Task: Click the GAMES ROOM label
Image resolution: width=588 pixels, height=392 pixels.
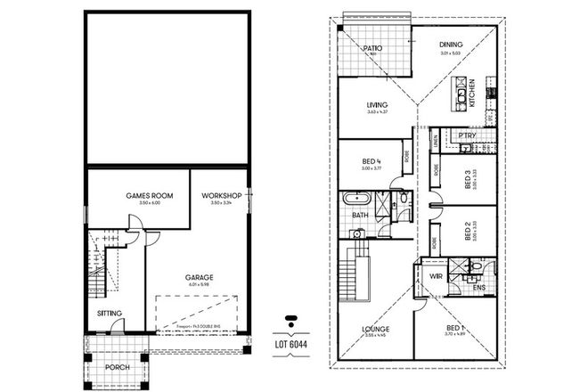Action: coord(149,195)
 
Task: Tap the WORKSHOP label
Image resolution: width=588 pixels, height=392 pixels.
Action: coord(222,195)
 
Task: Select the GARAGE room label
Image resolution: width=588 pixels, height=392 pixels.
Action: coord(199,278)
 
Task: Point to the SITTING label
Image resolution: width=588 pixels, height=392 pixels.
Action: coord(110,314)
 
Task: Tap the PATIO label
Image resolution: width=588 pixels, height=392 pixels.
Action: coord(372,50)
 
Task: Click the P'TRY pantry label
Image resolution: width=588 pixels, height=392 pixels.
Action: coord(468,135)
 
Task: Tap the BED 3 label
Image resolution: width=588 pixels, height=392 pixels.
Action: coord(469,182)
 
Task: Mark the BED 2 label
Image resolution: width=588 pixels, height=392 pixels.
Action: coord(469,233)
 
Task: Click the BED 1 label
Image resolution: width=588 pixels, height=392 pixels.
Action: coord(455,329)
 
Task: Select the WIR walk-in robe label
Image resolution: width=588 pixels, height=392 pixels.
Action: coord(436,276)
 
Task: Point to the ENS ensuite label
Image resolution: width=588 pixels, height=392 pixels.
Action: coord(478,287)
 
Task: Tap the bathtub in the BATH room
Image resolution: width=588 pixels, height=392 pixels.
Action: coord(359,198)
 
